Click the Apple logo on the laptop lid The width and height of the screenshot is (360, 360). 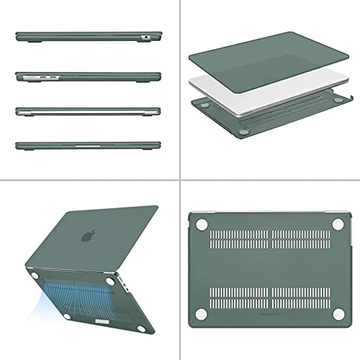[89, 235]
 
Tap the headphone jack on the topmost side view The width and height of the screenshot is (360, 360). [146, 36]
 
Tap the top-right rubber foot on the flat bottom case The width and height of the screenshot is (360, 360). [336, 225]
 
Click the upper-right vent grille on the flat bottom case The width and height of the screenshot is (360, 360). [302, 237]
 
